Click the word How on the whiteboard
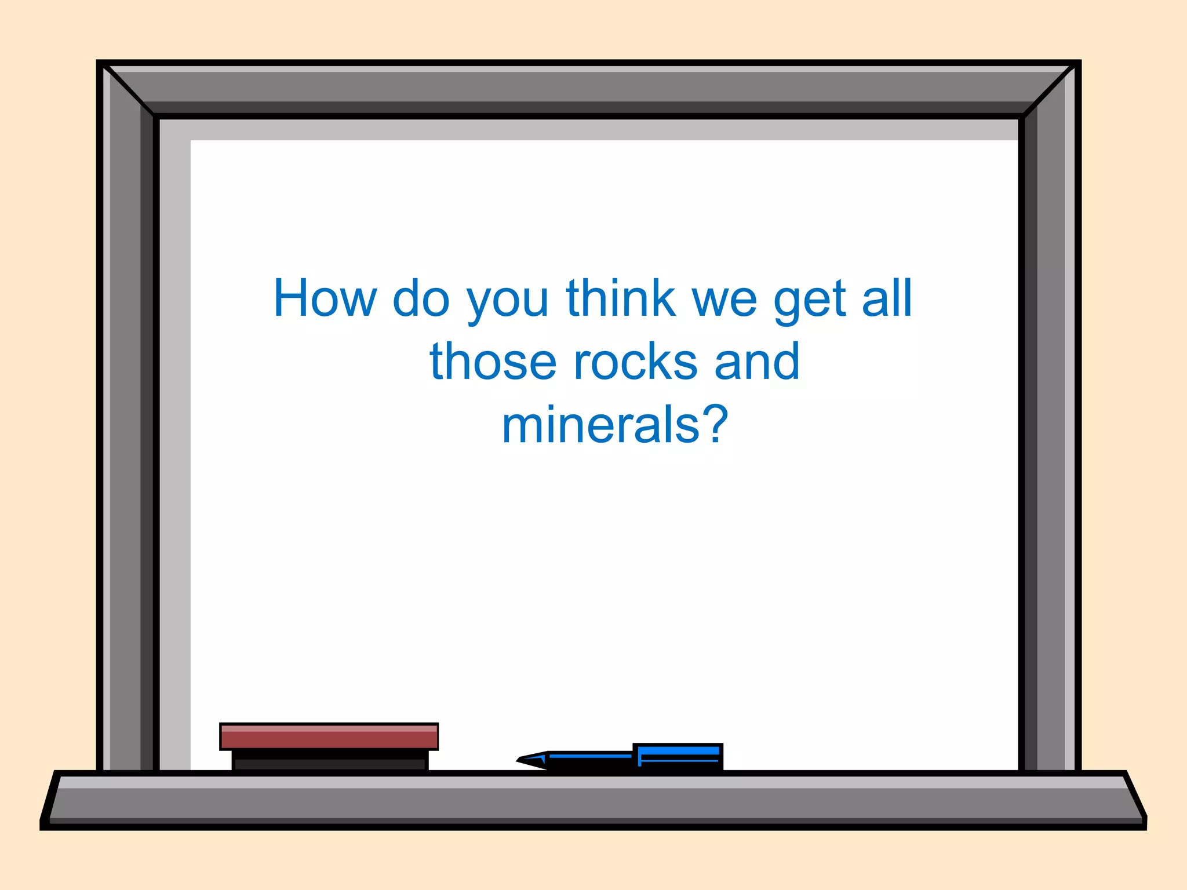(x=325, y=298)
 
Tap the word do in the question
(x=421, y=298)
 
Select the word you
(x=508, y=301)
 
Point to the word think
(x=621, y=298)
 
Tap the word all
(x=887, y=298)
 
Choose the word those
(x=493, y=362)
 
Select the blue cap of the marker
(x=678, y=756)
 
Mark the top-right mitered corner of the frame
(x=1050, y=90)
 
